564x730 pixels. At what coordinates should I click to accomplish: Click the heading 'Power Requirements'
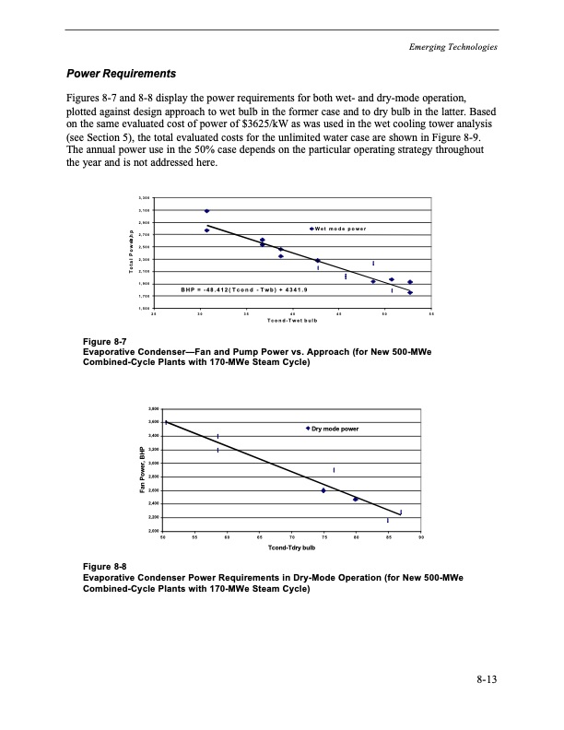coord(118,73)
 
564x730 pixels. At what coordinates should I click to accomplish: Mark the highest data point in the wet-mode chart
coord(206,211)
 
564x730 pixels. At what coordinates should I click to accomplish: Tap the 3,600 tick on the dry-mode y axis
coord(153,422)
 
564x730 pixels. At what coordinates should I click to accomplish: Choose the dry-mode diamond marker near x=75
coord(323,490)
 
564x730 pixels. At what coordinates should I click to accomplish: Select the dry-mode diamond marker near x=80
coord(356,499)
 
